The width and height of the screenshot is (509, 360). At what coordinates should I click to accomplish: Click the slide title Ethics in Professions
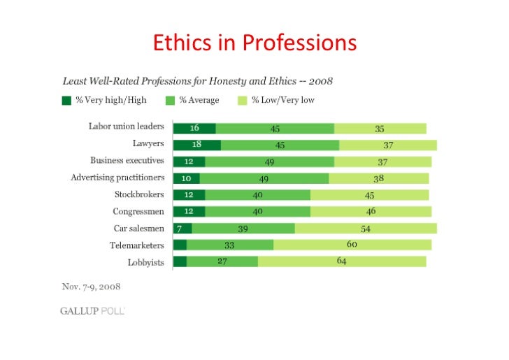tap(254, 43)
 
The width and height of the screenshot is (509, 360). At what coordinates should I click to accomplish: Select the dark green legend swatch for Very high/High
tap(66, 100)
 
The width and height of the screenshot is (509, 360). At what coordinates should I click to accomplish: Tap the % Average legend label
tap(199, 100)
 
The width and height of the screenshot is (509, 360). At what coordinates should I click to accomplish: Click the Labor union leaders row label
tap(126, 127)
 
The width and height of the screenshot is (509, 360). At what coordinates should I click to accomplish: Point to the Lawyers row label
tap(148, 144)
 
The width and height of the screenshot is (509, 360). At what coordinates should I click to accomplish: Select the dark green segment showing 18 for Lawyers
tap(196, 145)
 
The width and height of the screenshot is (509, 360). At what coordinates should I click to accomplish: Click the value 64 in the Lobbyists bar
tap(341, 261)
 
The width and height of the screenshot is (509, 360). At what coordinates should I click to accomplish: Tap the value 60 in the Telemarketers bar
tap(352, 245)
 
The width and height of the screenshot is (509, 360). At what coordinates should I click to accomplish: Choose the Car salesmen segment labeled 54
tap(365, 229)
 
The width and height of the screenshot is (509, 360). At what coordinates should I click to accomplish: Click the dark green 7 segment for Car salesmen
tap(182, 229)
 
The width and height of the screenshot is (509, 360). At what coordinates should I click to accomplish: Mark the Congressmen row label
tap(138, 211)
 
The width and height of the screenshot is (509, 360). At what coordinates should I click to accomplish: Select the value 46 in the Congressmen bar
tap(371, 212)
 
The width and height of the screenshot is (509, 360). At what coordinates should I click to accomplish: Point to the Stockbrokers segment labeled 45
tap(371, 195)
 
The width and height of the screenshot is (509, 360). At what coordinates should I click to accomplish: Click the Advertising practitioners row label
tap(117, 178)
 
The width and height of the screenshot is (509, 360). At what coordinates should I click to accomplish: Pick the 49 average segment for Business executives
tap(269, 161)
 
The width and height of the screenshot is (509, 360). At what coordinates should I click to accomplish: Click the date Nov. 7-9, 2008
tap(91, 286)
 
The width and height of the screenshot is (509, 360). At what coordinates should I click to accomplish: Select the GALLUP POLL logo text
tap(92, 311)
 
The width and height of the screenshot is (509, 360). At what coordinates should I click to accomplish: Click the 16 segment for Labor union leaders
tap(194, 128)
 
